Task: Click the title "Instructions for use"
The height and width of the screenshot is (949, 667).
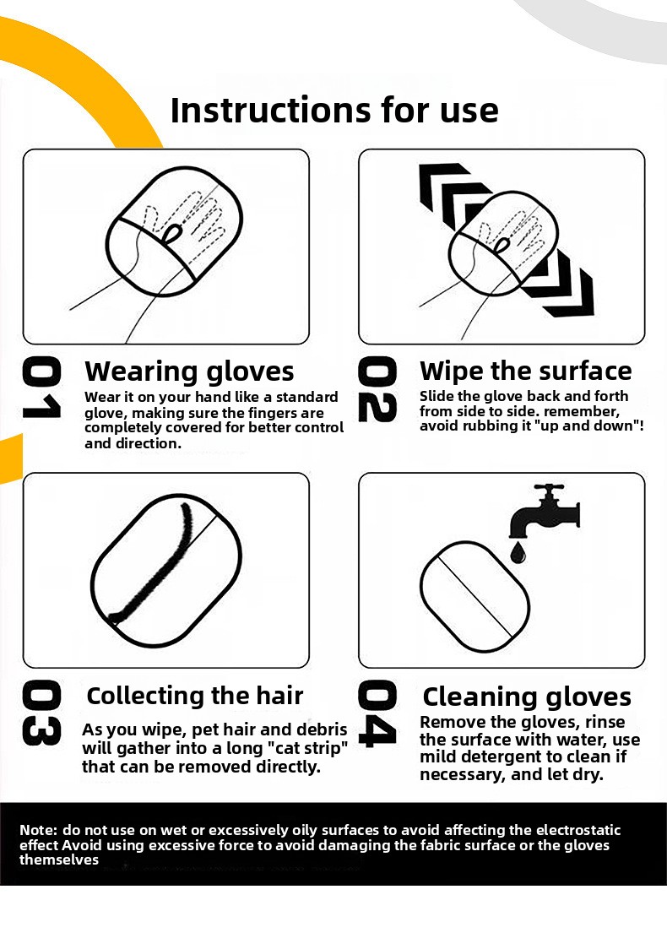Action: coord(334,110)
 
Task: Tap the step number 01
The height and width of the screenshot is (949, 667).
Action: coord(41,388)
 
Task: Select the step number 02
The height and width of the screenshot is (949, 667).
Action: coord(377,389)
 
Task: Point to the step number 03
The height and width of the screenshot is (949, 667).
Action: coord(41,713)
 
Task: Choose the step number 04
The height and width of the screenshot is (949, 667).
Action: coord(377,713)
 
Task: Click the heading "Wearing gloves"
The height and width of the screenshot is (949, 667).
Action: coord(189,371)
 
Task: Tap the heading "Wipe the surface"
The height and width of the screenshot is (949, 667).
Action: coord(525,371)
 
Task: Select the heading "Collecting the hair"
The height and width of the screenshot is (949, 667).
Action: coord(195,696)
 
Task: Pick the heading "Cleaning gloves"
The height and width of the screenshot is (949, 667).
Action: coord(527,697)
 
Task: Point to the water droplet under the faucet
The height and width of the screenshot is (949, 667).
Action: coord(518,552)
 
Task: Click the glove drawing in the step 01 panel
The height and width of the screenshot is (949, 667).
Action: coord(174,231)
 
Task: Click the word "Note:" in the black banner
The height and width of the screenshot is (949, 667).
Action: coord(39,831)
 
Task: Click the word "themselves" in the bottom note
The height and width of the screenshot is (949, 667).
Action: coord(59,860)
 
